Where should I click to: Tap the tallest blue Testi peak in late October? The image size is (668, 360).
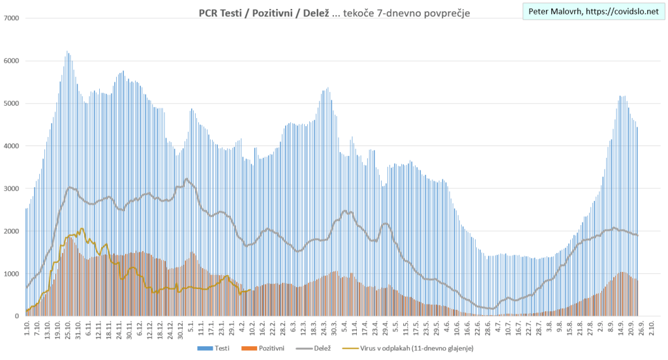[x=67, y=52]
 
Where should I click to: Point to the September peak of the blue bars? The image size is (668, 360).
[x=622, y=97]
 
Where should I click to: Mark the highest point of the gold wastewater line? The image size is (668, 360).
[x=82, y=229]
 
